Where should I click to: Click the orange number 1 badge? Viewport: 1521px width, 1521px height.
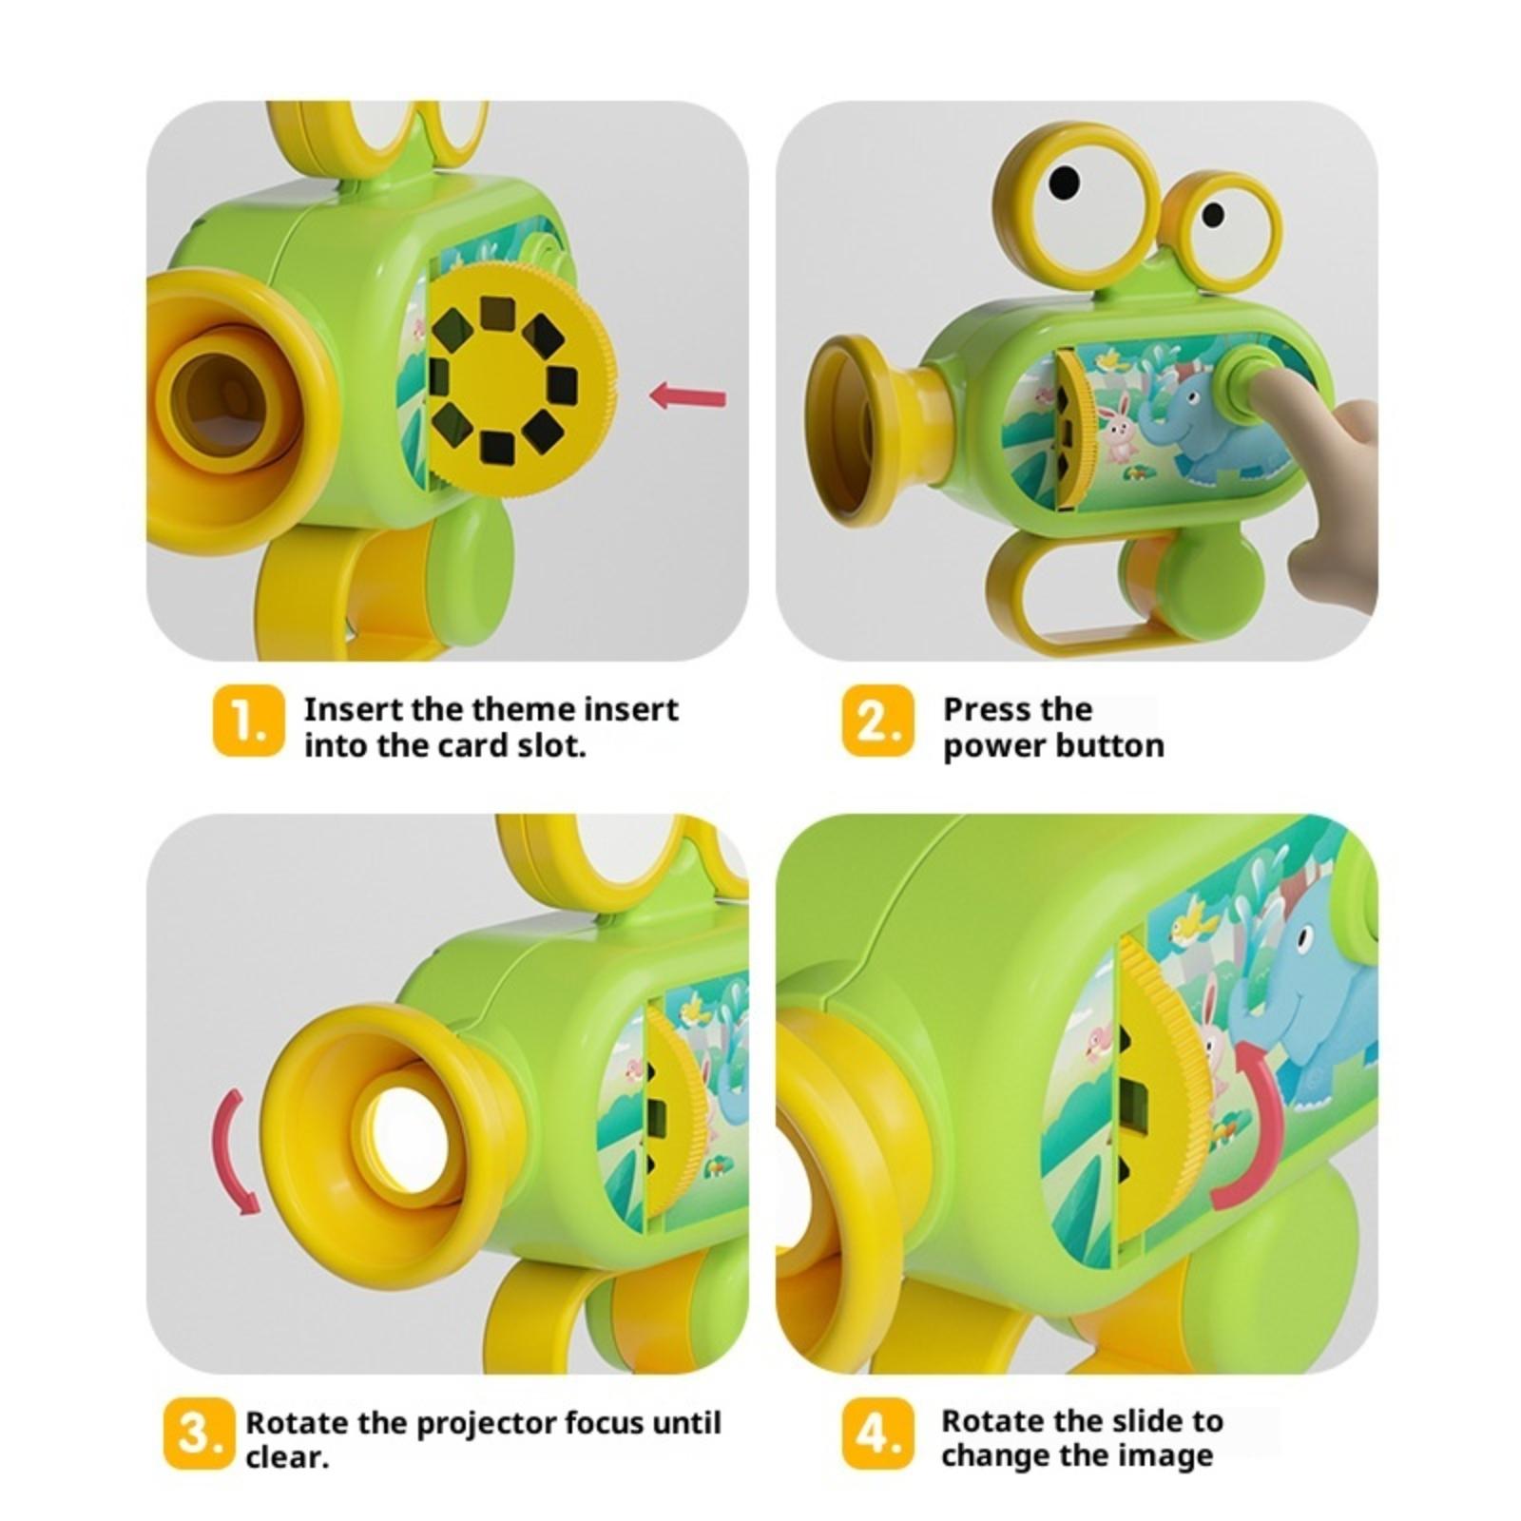pyautogui.click(x=248, y=722)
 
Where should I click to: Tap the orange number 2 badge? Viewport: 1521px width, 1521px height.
pyautogui.click(x=877, y=722)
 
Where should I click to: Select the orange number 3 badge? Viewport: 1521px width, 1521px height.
pyautogui.click(x=198, y=1434)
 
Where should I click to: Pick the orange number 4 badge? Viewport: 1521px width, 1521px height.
pyautogui.click(x=877, y=1434)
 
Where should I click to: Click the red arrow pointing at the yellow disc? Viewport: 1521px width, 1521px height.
pyautogui.click(x=687, y=395)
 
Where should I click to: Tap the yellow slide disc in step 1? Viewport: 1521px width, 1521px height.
pyautogui.click(x=521, y=380)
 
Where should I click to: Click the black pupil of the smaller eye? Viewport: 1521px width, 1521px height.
pyautogui.click(x=1213, y=214)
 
